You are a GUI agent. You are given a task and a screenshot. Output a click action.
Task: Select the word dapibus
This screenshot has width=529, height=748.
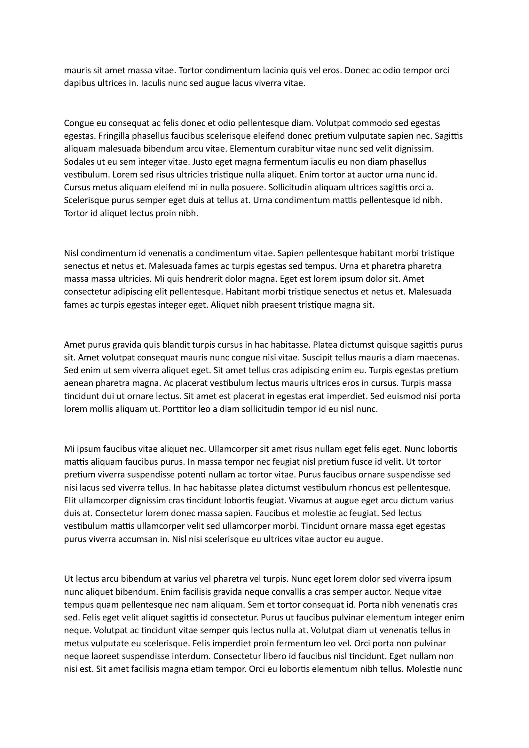[79, 83]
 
